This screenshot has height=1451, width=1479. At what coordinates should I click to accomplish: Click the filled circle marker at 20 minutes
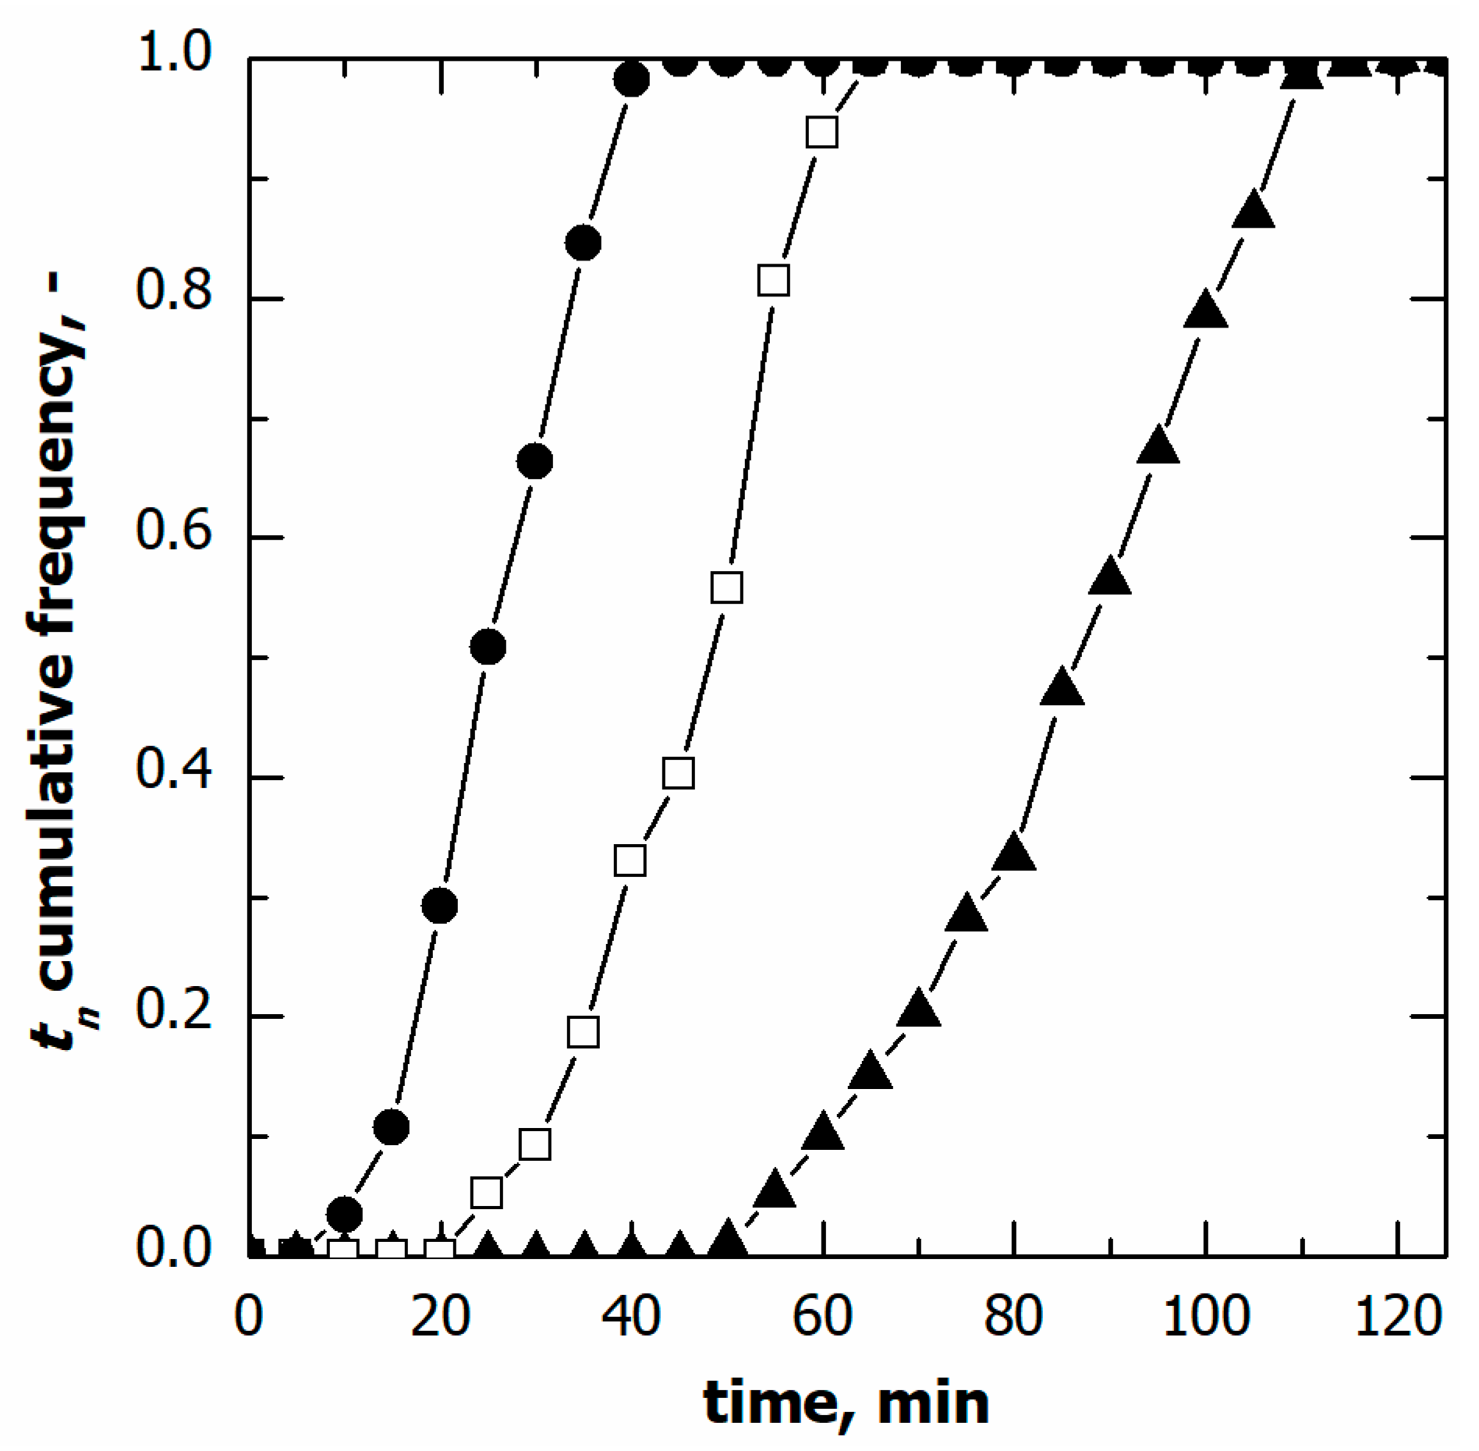click(439, 905)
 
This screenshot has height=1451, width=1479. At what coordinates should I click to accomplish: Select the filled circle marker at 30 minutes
click(535, 462)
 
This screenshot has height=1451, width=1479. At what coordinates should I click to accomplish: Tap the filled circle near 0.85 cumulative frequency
click(583, 243)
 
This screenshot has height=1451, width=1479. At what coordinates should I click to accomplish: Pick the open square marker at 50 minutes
click(726, 587)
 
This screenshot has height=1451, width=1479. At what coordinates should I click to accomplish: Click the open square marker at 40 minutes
click(630, 860)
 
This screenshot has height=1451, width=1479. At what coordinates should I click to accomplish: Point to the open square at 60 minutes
click(822, 133)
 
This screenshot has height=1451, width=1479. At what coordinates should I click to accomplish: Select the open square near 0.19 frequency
click(583, 1031)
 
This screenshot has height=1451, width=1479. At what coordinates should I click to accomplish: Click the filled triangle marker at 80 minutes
click(1013, 853)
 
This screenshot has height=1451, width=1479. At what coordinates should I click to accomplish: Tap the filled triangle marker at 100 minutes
click(1205, 310)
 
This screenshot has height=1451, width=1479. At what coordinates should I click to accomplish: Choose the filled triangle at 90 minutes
click(1109, 578)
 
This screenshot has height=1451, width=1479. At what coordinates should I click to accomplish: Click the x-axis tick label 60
click(822, 1318)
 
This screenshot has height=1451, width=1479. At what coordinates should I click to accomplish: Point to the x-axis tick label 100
click(1205, 1318)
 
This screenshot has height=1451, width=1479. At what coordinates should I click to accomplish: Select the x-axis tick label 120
click(1397, 1318)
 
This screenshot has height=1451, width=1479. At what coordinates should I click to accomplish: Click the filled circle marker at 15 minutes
click(392, 1126)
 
